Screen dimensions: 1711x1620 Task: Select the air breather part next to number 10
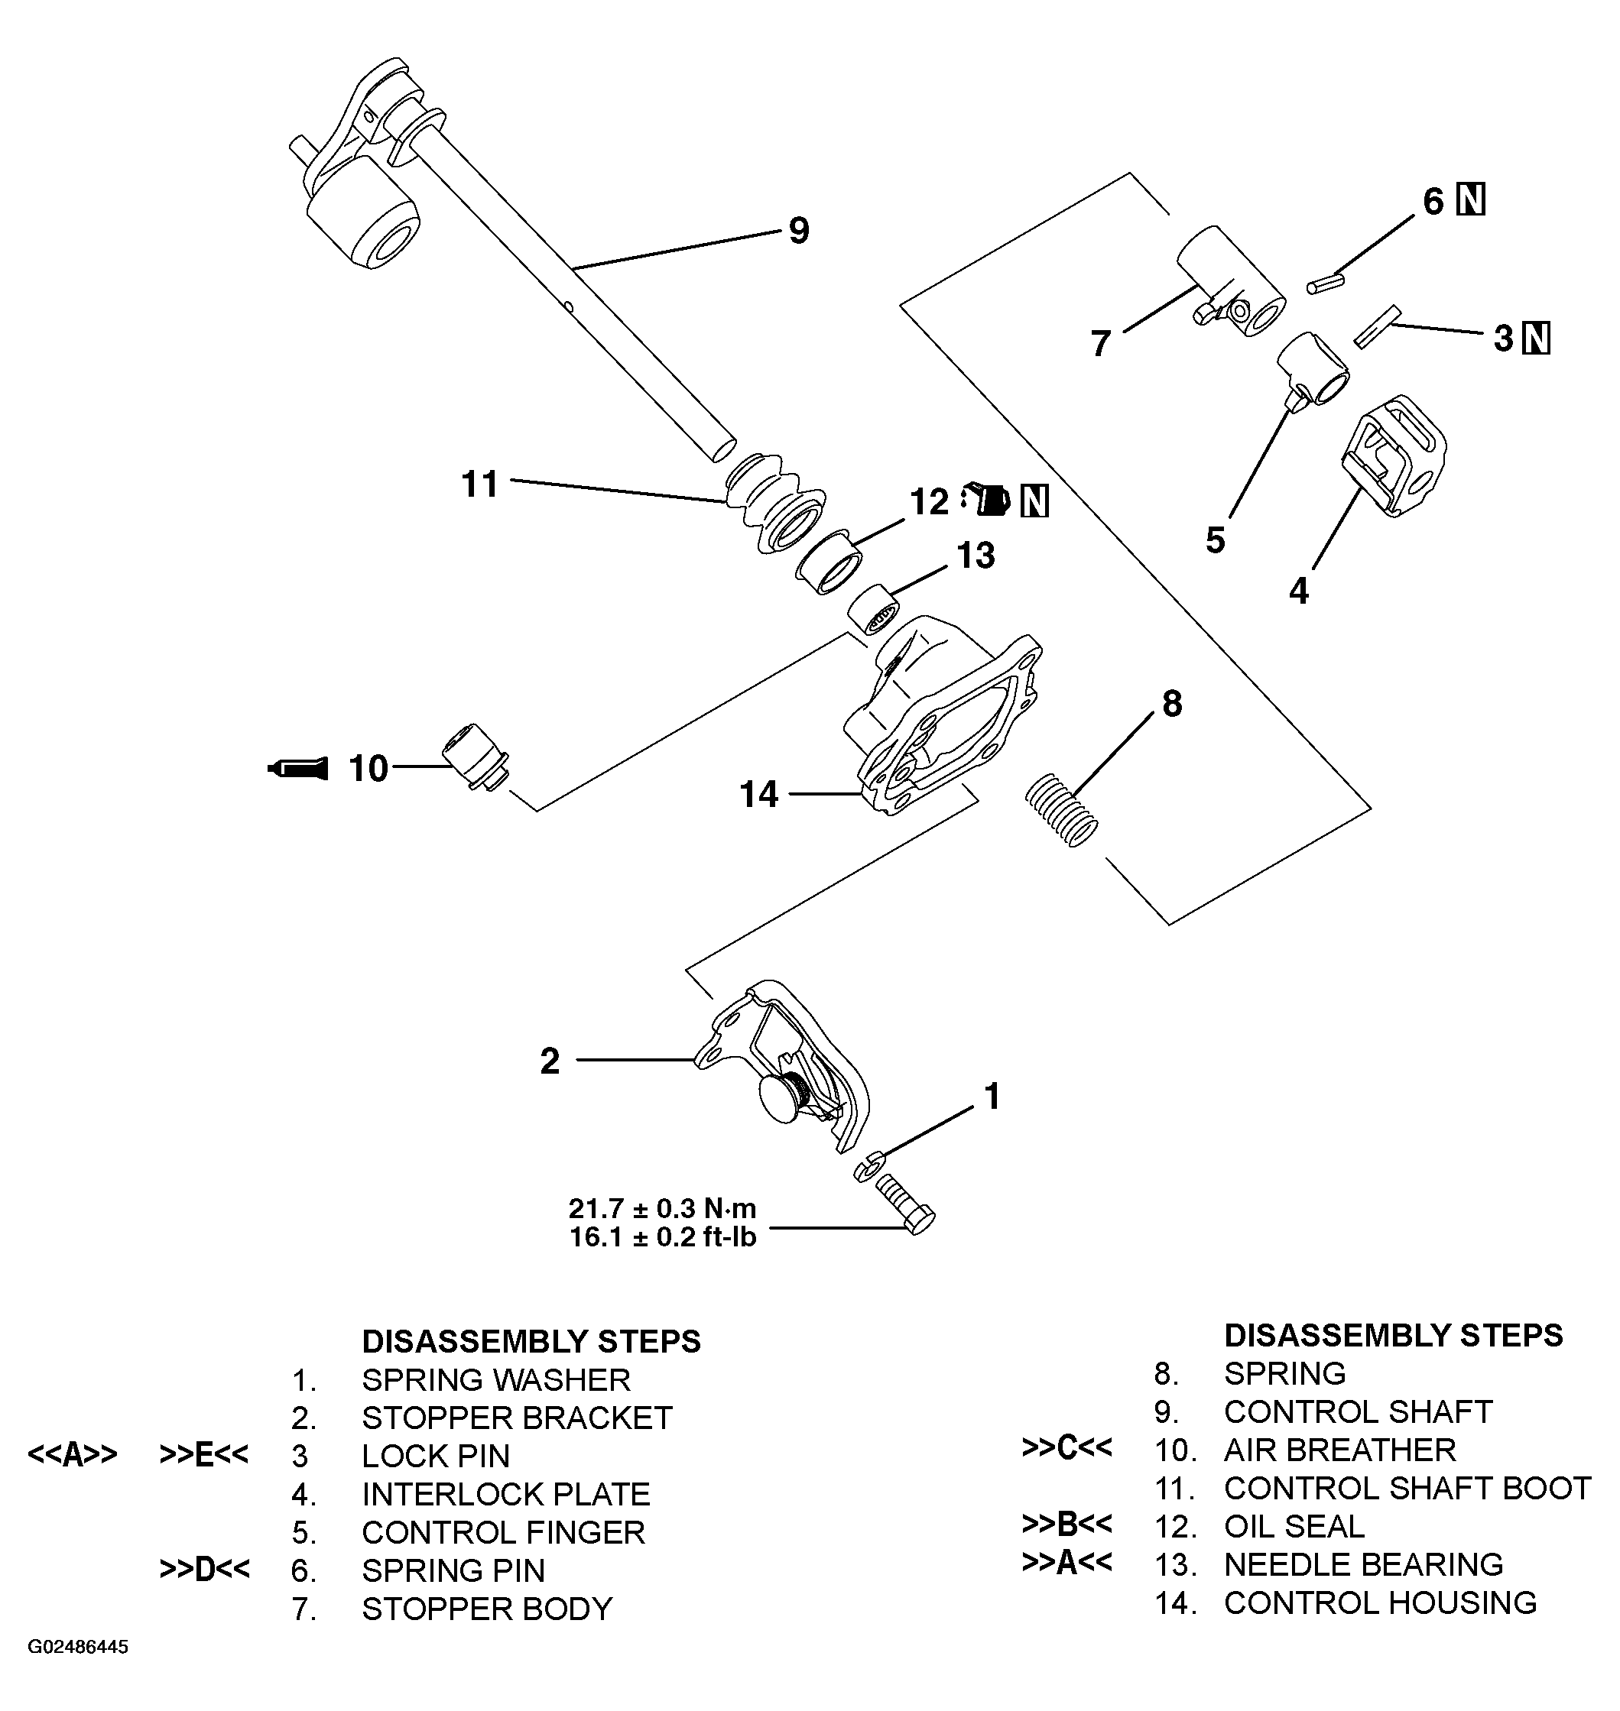[474, 757]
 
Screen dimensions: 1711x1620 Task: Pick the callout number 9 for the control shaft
[799, 231]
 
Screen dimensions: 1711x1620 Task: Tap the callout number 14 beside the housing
[758, 794]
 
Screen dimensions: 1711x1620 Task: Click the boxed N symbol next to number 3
[1536, 339]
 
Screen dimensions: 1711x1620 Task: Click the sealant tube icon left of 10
[299, 767]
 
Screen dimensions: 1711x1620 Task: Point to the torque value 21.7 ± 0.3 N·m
[661, 1207]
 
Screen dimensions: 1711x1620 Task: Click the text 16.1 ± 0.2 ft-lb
[661, 1237]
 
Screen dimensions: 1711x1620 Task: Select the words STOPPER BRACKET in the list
[516, 1418]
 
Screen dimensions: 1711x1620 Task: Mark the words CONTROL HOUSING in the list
[1380, 1602]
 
